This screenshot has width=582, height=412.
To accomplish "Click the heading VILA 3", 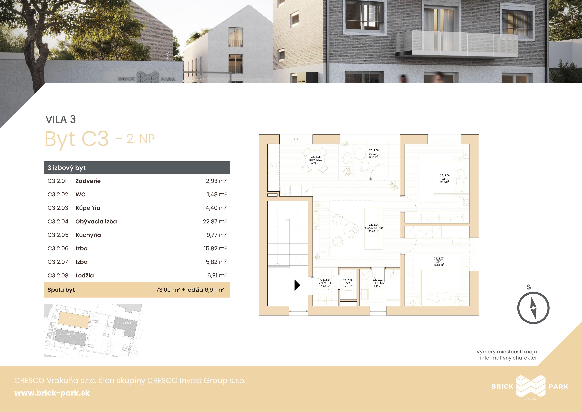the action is point(61,119).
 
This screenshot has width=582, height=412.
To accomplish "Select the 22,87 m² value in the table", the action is point(215,221).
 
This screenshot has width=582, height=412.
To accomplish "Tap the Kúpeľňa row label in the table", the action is point(88,208).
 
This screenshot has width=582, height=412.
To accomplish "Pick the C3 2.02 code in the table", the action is point(58,194).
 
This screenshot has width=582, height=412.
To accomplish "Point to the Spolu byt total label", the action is point(61,290).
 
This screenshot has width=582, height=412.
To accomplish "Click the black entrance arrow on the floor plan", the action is point(297,285).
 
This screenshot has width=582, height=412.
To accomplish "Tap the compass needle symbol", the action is point(533,308).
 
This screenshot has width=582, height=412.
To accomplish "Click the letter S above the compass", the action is point(529,287).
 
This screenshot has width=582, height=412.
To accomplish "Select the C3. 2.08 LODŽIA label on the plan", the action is point(374,154).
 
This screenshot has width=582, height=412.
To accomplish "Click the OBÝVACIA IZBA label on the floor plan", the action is point(374,228).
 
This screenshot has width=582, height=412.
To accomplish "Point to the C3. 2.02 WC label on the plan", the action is point(348,283).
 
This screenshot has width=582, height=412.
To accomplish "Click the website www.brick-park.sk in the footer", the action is point(52,393).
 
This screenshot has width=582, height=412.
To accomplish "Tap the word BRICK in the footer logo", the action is point(502,386).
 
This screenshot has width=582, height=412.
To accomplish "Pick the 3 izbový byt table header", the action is point(67,168).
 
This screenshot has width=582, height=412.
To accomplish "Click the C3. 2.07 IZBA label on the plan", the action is point(438,261).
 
